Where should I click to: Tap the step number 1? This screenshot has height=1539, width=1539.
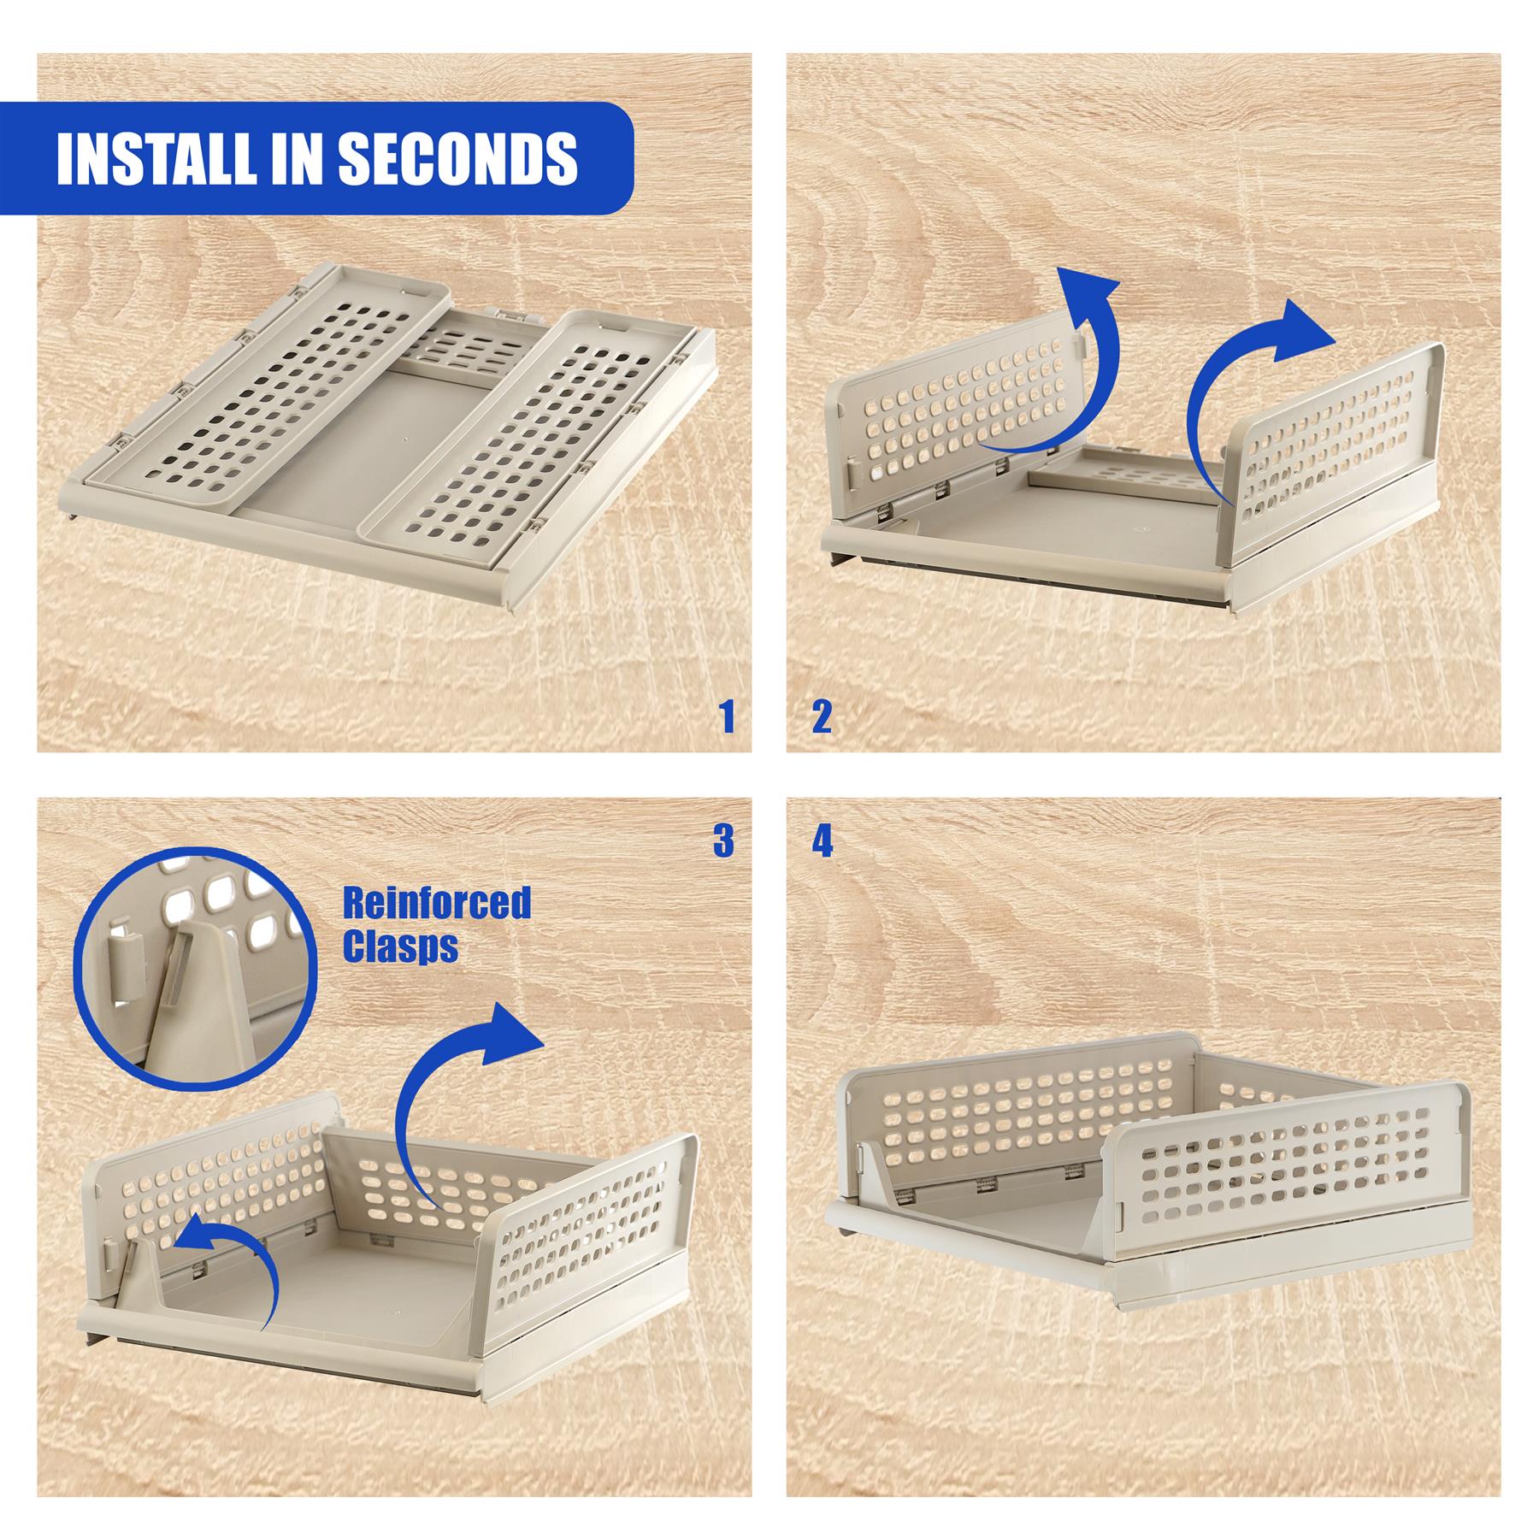pyautogui.click(x=727, y=717)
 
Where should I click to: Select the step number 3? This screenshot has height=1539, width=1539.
pyautogui.click(x=723, y=842)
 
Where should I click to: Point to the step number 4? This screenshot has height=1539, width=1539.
pyautogui.click(x=822, y=842)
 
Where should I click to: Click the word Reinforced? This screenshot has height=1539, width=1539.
pyautogui.click(x=437, y=902)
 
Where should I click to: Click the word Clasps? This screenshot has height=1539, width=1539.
pyautogui.click(x=399, y=946)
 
